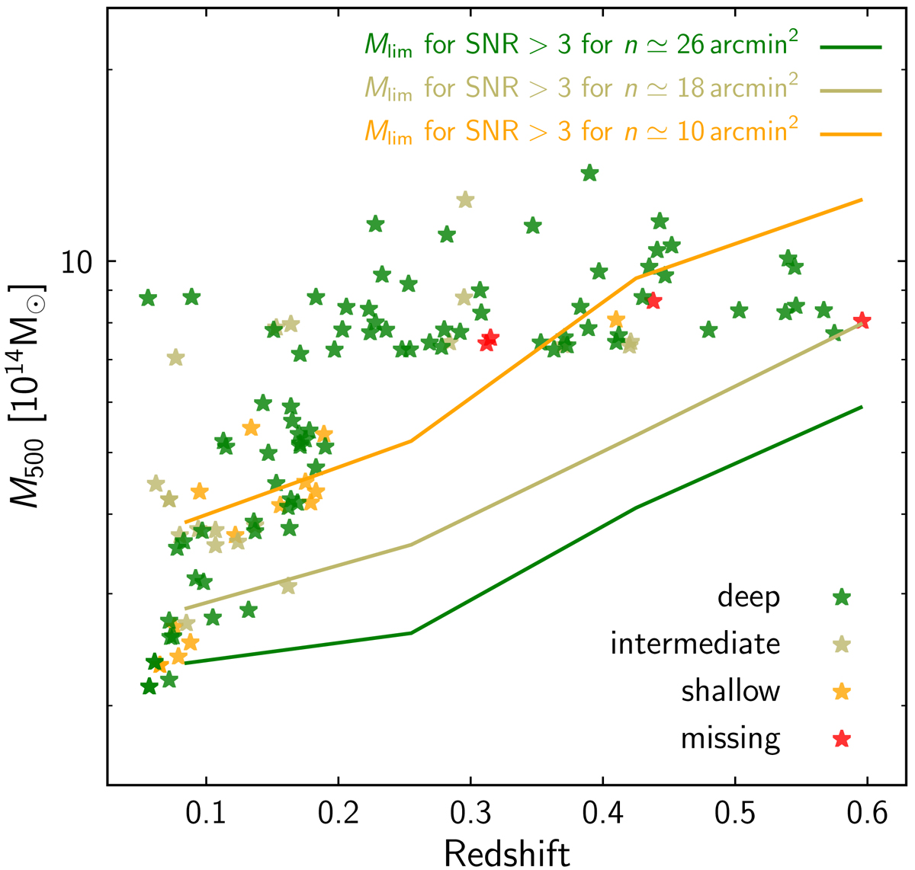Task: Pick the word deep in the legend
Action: pyautogui.click(x=749, y=597)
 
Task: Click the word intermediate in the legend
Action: pyautogui.click(x=695, y=645)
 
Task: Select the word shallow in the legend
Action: pyautogui.click(x=730, y=692)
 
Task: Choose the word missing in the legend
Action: pyautogui.click(x=730, y=738)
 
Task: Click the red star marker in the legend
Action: pyautogui.click(x=842, y=738)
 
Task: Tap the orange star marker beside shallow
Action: pyautogui.click(x=842, y=692)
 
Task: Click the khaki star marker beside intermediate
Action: pyautogui.click(x=842, y=645)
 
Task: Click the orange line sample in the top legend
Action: pyautogui.click(x=851, y=135)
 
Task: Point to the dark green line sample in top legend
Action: pyautogui.click(x=851, y=47)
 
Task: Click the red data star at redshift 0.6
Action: pyautogui.click(x=862, y=320)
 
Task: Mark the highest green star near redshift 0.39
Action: pyautogui.click(x=589, y=174)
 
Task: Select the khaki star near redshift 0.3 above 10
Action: pyautogui.click(x=465, y=200)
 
